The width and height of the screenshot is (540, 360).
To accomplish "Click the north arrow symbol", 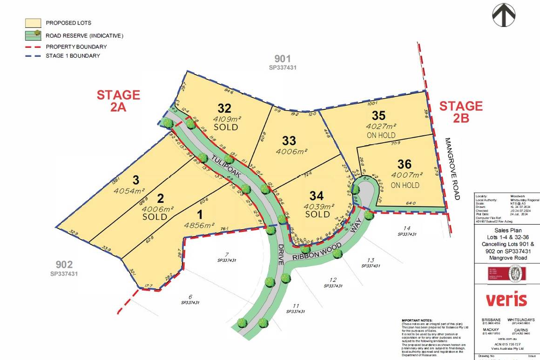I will click(504, 14).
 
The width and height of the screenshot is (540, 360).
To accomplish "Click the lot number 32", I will click(224, 108).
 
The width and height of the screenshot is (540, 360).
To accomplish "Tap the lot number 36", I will click(405, 164).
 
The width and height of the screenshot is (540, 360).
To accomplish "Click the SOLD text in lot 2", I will click(155, 217).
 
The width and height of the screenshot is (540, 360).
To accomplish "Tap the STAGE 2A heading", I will click(118, 100).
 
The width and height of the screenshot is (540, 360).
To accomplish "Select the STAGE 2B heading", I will click(461, 112).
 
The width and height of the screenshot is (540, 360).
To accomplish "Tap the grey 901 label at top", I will click(282, 59).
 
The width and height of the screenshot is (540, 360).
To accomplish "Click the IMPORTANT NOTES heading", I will click(417, 320).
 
